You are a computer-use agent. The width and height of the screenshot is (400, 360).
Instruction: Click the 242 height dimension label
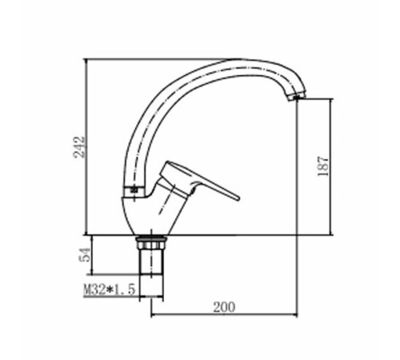(x=79, y=147)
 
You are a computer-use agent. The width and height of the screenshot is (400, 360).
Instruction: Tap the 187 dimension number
(x=323, y=166)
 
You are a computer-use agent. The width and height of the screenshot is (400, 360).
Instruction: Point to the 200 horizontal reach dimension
(x=224, y=307)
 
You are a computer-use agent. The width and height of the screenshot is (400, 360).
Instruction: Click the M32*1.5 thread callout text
(x=110, y=290)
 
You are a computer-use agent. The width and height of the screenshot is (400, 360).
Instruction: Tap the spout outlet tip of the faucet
(x=296, y=97)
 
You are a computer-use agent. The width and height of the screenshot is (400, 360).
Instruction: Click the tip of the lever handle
(x=238, y=198)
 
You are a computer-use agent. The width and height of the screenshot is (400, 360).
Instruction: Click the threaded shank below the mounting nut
(x=150, y=262)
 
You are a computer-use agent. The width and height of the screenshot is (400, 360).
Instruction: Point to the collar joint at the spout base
(x=134, y=190)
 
